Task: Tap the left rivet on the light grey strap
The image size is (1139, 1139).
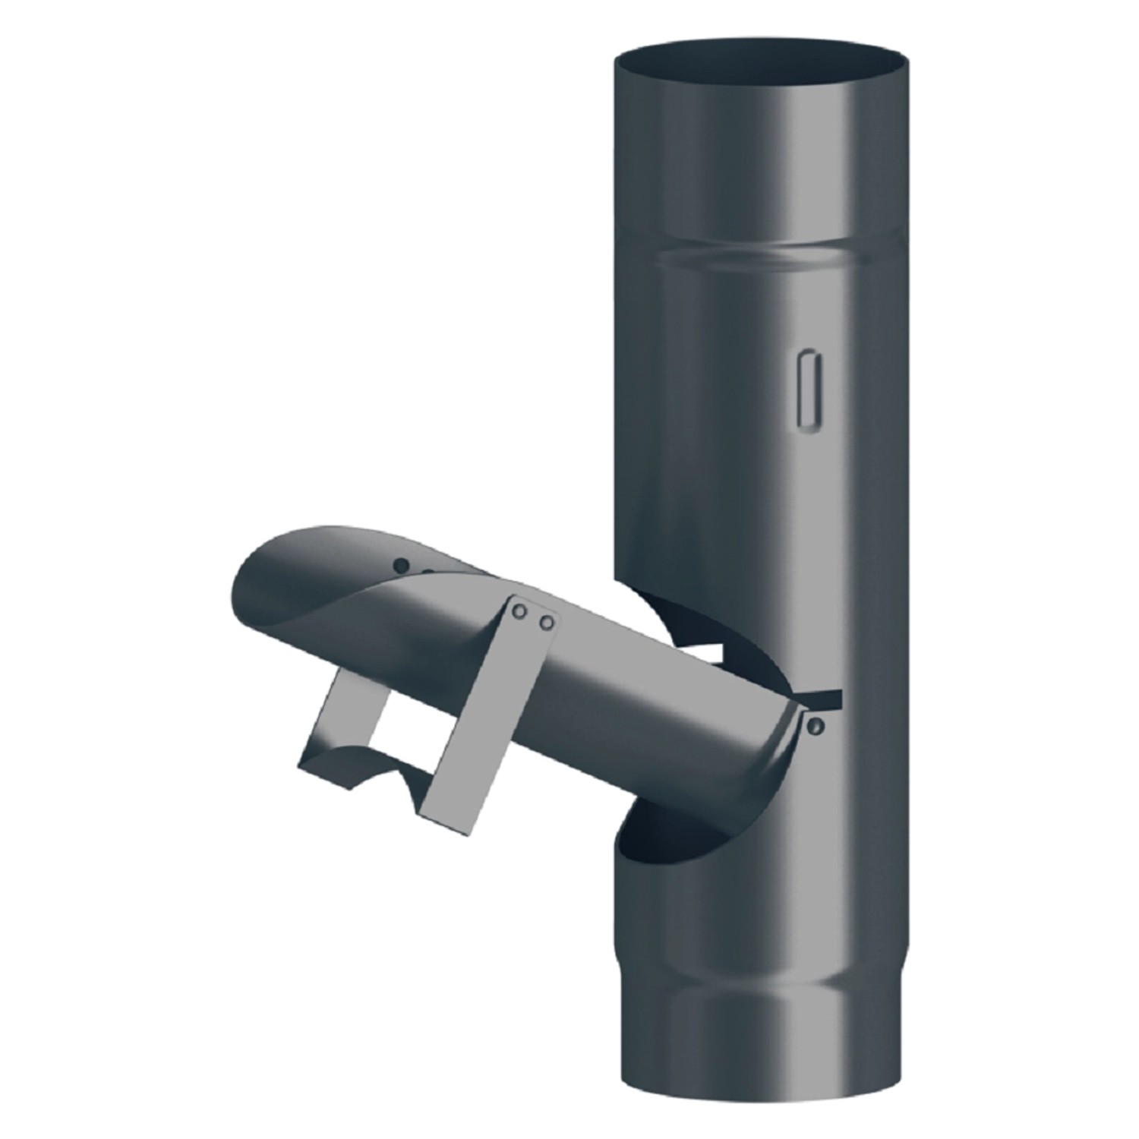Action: [519, 611]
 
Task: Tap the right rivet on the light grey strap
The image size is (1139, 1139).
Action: [545, 623]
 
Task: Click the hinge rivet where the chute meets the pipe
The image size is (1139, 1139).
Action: [816, 727]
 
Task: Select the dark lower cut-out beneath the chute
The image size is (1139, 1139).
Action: [683, 835]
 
